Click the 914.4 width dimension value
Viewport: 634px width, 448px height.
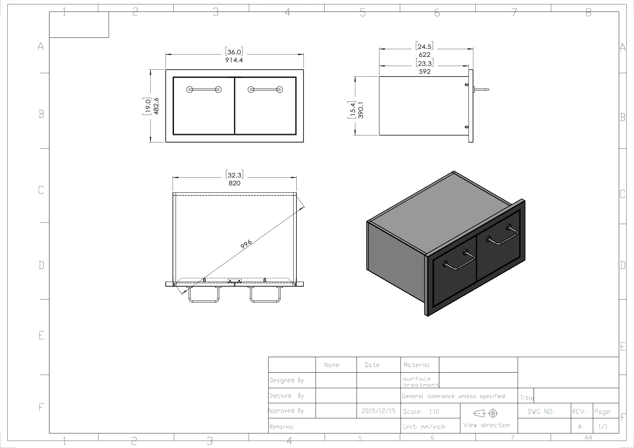[234, 60]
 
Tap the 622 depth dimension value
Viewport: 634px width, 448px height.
[424, 55]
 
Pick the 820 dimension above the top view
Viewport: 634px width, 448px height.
[234, 183]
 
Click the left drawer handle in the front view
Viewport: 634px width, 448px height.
[204, 89]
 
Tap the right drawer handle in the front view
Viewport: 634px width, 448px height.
[265, 89]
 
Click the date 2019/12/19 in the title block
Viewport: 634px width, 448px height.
[378, 411]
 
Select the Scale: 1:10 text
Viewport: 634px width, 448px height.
[421, 412]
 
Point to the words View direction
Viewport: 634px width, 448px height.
[486, 425]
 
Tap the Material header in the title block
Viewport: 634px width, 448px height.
[417, 365]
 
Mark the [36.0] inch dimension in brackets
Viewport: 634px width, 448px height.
[234, 52]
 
